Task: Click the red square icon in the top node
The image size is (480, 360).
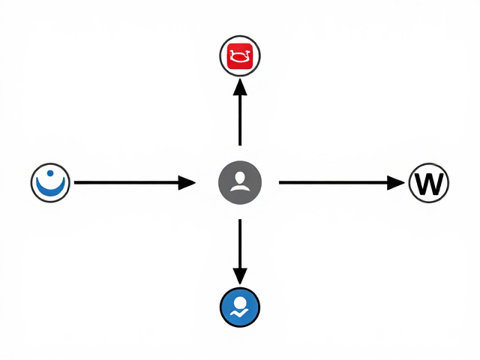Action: pos(240,56)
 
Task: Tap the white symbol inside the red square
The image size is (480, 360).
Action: pos(240,56)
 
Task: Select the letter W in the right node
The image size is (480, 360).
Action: pos(429,184)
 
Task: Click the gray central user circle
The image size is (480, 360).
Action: pos(240,182)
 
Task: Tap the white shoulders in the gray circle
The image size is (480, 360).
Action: pos(240,187)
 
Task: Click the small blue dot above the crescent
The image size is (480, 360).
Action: pos(50,173)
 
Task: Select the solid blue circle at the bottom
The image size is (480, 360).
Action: pos(240,307)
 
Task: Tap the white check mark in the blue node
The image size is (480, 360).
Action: pos(239,313)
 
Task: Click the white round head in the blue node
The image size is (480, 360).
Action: pos(240,303)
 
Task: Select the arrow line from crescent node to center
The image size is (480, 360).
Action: pos(135,183)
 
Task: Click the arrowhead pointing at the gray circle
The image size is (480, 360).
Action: pos(187,183)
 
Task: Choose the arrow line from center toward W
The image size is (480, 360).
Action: pos(342,183)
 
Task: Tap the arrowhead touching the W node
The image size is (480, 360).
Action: pos(396,183)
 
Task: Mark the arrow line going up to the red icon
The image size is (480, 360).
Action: pos(240,112)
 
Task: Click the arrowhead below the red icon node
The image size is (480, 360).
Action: pos(240,87)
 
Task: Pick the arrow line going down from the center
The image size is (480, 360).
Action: pos(240,252)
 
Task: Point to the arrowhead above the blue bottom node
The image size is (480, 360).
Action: pos(240,276)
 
